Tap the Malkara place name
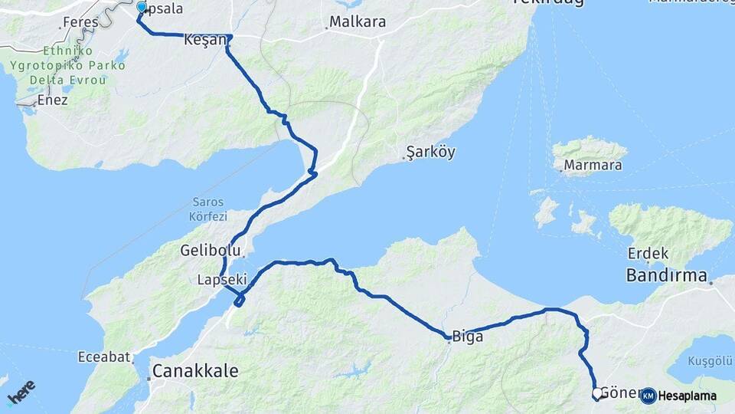click(x=357, y=22)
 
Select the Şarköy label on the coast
click(x=430, y=152)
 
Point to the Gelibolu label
click(x=211, y=251)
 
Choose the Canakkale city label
click(x=195, y=371)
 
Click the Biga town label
click(x=468, y=336)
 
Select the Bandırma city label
click(x=666, y=275)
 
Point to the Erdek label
click(x=648, y=254)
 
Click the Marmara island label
click(x=592, y=165)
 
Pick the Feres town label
click(x=80, y=22)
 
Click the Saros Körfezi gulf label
click(x=208, y=209)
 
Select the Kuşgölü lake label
click(x=711, y=360)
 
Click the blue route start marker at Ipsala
click(x=142, y=8)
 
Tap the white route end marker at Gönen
click(x=597, y=393)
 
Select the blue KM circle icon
click(x=648, y=396)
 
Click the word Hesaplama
click(x=688, y=396)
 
